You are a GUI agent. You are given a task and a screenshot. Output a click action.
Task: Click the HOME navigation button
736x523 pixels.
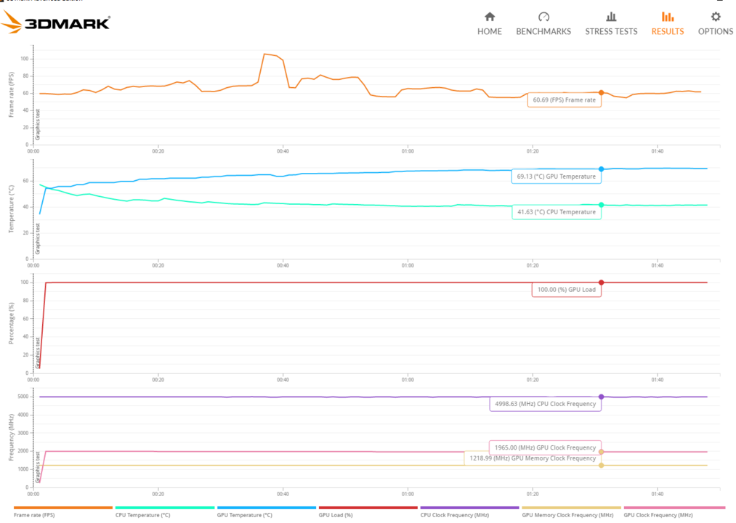click(x=490, y=23)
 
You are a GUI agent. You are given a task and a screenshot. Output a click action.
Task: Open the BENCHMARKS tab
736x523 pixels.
click(x=543, y=23)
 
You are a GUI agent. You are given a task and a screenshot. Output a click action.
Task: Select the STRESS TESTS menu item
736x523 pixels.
click(x=611, y=23)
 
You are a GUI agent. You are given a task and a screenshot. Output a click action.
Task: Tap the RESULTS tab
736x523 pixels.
click(x=667, y=23)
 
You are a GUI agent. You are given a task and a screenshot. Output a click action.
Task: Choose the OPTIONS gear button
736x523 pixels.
click(x=715, y=23)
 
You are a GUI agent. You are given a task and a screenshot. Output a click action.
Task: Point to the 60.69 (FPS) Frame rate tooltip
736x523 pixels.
click(x=565, y=100)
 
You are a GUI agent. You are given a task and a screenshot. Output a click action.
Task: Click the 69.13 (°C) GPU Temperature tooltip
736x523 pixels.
click(x=556, y=177)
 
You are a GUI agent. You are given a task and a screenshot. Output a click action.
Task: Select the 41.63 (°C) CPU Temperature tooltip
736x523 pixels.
click(x=556, y=212)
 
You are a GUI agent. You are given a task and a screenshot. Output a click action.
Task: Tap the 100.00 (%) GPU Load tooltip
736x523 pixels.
click(x=567, y=289)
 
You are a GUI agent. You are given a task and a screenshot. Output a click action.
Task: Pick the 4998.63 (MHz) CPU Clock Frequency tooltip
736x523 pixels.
click(x=545, y=405)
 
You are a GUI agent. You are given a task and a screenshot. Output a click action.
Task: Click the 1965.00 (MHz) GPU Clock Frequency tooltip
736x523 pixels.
click(x=544, y=447)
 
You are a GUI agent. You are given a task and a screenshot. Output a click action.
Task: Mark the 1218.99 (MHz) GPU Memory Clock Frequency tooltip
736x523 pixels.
click(x=533, y=458)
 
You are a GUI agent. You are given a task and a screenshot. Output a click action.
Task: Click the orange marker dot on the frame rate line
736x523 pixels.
click(x=601, y=93)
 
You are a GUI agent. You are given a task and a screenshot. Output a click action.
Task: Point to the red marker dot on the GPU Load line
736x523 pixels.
click(x=601, y=283)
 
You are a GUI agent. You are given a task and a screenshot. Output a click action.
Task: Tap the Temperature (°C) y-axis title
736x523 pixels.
click(x=12, y=208)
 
